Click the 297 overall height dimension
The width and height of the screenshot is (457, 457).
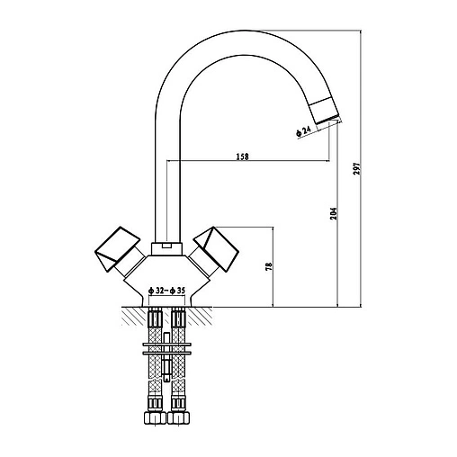356,169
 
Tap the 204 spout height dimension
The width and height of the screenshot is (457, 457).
334,213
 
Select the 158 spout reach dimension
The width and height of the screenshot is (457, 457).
243,157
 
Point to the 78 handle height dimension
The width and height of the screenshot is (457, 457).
269,266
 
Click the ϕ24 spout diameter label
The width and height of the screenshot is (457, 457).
303,131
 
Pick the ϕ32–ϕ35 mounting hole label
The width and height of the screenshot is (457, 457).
167,291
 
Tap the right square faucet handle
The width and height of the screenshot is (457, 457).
217,249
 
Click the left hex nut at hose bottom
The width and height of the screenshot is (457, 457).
155,417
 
